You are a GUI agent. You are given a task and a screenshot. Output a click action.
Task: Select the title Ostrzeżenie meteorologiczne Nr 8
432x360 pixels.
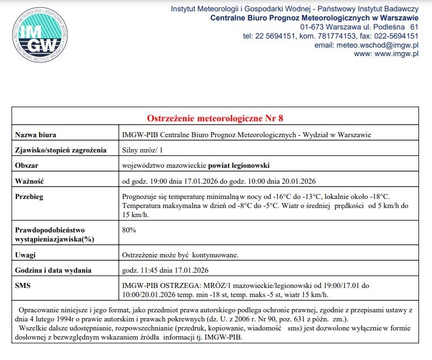pyautogui.click(x=215, y=118)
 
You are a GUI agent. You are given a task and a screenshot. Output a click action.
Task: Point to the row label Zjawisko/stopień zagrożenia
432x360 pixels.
pyautogui.click(x=61, y=150)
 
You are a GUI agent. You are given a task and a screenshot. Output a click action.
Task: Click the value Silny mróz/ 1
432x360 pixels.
pyautogui.click(x=142, y=150)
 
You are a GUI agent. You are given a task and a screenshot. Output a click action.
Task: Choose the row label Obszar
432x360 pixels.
pyautogui.click(x=27, y=166)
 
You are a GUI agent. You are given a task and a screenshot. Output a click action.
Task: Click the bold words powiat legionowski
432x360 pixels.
pyautogui.click(x=239, y=166)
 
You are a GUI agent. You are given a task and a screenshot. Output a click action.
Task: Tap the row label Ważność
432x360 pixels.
pyautogui.click(x=29, y=181)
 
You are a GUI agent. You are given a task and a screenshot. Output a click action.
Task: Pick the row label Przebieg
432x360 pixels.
pyautogui.click(x=29, y=196)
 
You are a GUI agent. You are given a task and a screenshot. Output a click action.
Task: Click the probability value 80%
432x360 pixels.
pyautogui.click(x=129, y=230)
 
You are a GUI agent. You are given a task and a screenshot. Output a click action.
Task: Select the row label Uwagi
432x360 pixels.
pyautogui.click(x=26, y=255)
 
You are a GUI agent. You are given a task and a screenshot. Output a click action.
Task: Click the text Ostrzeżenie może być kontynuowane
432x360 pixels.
pyautogui.click(x=180, y=255)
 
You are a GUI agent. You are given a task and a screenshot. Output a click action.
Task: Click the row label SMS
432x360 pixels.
pyautogui.click(x=23, y=285)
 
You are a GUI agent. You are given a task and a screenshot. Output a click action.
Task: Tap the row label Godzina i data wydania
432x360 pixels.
pyautogui.click(x=53, y=270)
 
